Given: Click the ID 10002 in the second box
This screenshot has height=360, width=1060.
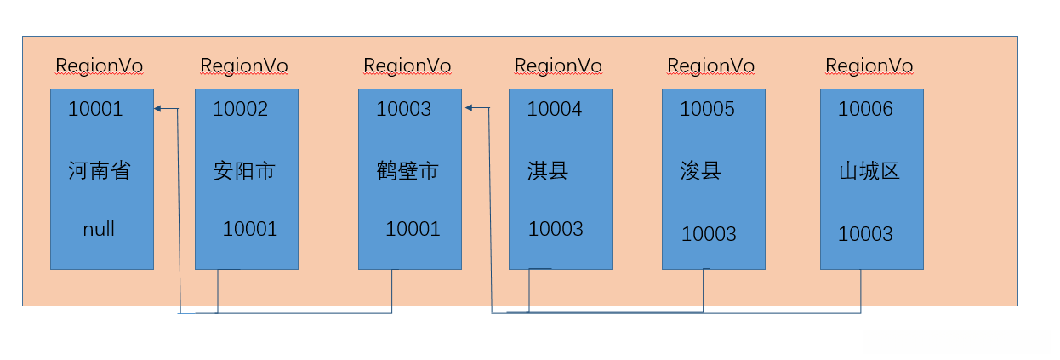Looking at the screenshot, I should [x=240, y=109].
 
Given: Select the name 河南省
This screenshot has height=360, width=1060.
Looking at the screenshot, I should [x=100, y=171].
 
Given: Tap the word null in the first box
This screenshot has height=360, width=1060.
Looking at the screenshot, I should [x=99, y=229].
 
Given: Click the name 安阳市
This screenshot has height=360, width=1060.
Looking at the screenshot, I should [x=244, y=171].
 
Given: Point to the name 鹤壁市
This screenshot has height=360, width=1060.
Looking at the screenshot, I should [x=407, y=171].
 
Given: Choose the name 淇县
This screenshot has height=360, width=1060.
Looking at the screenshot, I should [x=548, y=171].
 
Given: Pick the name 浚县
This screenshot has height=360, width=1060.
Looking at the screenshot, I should [x=701, y=171].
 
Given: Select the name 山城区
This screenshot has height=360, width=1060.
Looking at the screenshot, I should [x=869, y=171].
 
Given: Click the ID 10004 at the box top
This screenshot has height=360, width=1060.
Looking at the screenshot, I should [x=554, y=109].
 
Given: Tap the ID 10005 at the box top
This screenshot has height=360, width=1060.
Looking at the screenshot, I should [x=707, y=109].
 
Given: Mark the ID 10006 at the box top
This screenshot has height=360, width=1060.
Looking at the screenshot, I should [x=865, y=109].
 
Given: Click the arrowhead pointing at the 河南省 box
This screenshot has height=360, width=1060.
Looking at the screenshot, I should [x=158, y=108].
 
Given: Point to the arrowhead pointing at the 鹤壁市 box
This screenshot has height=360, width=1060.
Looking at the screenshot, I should [x=470, y=108].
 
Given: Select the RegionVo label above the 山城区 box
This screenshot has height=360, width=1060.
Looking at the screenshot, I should [x=869, y=66].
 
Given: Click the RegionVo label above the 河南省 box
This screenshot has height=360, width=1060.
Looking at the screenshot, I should [x=100, y=66].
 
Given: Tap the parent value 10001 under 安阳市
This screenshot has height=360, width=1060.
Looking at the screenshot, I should [x=250, y=229].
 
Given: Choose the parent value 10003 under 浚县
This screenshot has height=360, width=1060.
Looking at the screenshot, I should [x=709, y=234].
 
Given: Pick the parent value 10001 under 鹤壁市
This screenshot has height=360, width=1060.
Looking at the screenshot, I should [x=413, y=229].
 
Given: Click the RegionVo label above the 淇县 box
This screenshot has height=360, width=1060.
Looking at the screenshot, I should [x=558, y=66].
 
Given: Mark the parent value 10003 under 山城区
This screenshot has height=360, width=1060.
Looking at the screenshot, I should [x=865, y=234].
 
